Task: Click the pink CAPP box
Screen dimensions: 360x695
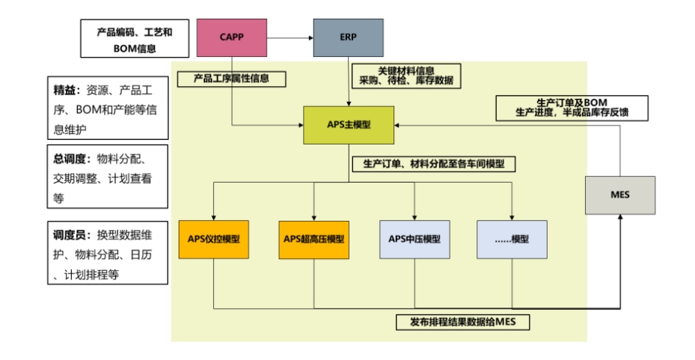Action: (232, 37)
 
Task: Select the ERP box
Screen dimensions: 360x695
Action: (348, 37)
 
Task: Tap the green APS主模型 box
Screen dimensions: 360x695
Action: (349, 125)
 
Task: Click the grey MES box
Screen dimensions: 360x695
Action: (619, 195)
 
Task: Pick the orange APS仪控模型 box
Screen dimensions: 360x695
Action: (213, 240)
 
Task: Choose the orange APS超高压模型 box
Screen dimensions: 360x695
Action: (313, 240)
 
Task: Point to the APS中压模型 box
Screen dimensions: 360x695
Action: (414, 240)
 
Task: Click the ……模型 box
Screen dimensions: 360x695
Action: (512, 240)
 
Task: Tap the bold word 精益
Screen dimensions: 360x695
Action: (64, 90)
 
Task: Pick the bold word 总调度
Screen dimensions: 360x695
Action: (68, 159)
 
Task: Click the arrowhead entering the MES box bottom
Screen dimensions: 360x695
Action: (619, 218)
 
